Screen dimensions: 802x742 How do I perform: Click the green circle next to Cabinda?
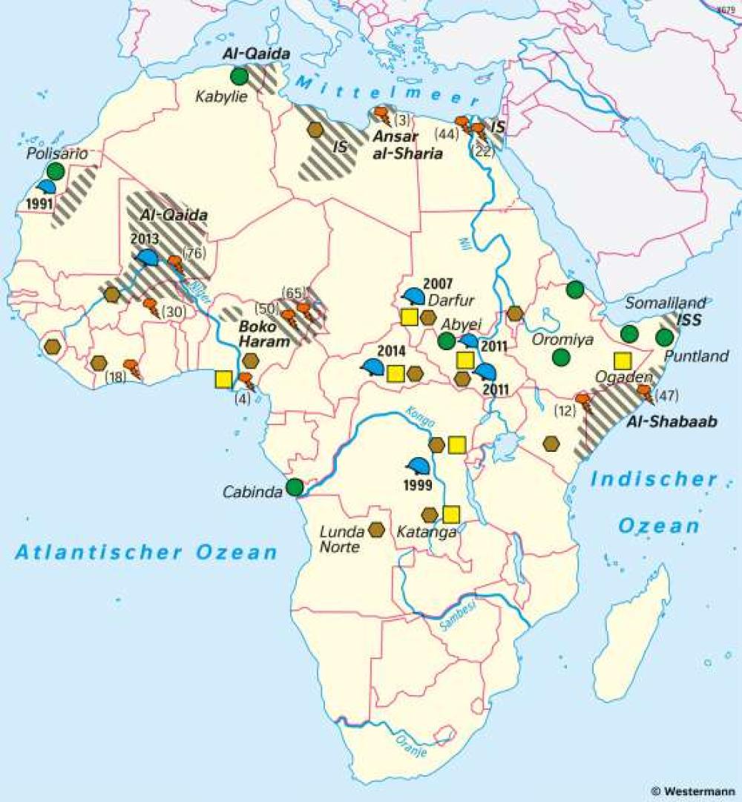(x=295, y=487)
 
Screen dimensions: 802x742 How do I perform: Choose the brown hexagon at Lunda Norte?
(x=376, y=530)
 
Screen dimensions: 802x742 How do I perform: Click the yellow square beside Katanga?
(x=450, y=514)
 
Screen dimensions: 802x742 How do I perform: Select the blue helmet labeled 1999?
(x=418, y=466)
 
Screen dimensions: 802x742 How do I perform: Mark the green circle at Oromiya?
(x=561, y=357)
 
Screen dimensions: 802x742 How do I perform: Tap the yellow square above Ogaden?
(x=622, y=361)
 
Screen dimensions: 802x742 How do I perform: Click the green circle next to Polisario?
(x=55, y=171)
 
